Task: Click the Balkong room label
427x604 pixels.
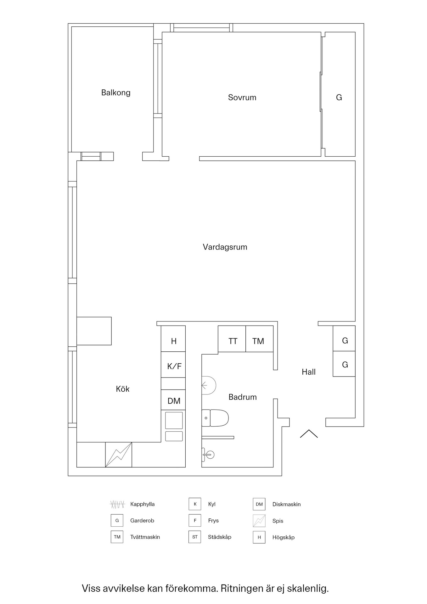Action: tap(116, 92)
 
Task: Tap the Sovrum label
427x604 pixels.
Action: tap(242, 98)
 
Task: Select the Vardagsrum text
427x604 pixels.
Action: tap(225, 247)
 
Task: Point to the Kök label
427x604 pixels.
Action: tap(122, 389)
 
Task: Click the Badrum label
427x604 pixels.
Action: tap(242, 397)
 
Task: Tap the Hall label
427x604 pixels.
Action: tap(308, 372)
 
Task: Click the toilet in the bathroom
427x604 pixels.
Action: tap(215, 418)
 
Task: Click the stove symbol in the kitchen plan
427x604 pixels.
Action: tap(119, 455)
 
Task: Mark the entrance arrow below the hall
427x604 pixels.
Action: tap(309, 434)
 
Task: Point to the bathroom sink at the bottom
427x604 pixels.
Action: tap(208, 454)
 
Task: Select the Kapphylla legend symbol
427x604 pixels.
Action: tap(117, 504)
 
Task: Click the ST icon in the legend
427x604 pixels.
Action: tap(195, 537)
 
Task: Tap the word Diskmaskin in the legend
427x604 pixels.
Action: tap(286, 504)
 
